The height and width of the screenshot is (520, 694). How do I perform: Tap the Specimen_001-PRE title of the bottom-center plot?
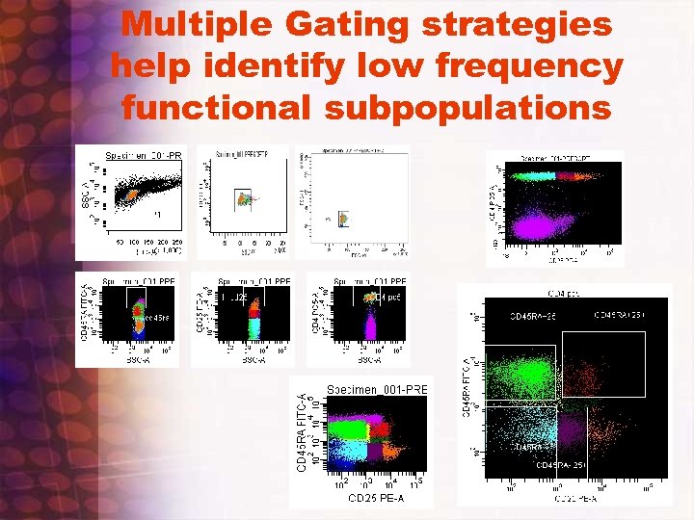(377, 388)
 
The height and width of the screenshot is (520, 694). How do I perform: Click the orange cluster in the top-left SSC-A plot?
(125, 195)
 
